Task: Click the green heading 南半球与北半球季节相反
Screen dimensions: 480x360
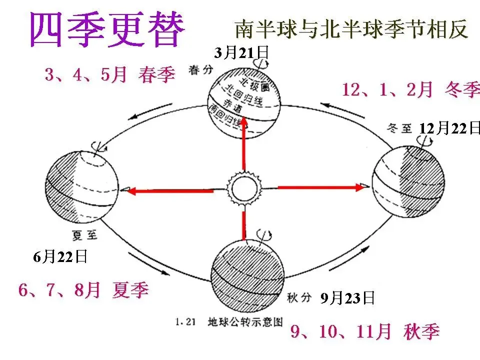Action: click(351, 29)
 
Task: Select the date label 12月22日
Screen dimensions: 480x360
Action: click(449, 128)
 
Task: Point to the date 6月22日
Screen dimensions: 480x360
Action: click(60, 257)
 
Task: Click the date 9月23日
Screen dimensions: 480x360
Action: click(347, 298)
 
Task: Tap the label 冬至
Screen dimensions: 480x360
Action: click(398, 128)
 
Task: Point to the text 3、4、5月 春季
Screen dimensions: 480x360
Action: click(110, 75)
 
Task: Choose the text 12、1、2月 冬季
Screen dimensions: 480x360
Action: click(410, 90)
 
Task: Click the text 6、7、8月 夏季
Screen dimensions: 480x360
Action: click(83, 290)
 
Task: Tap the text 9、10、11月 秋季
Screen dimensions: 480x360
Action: click(365, 332)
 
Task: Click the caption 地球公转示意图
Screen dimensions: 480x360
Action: click(242, 322)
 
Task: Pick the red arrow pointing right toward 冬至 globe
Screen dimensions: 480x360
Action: click(320, 187)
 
